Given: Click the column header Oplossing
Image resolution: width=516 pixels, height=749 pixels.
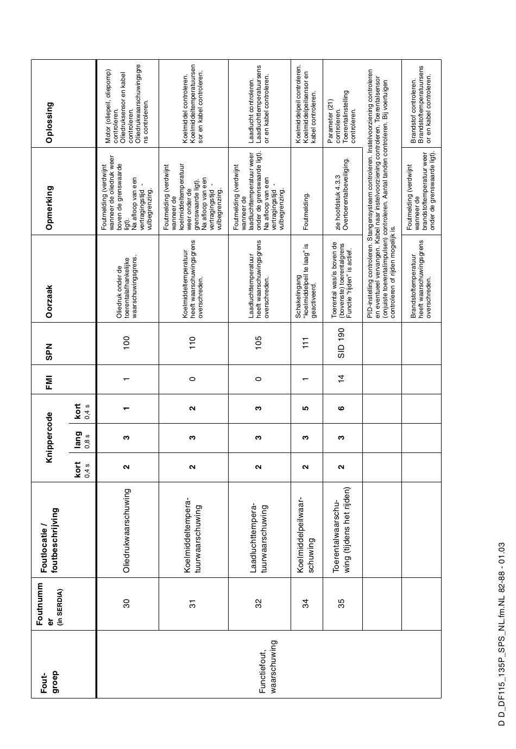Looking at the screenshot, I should point(49,122).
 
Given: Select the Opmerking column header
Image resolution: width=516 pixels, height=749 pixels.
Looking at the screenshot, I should point(49,200).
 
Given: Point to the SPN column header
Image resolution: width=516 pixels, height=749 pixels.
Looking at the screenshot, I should point(49,351).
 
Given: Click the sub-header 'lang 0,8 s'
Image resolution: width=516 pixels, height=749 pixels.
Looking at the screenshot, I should point(80,438).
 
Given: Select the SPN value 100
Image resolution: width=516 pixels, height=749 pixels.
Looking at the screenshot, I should point(127,342).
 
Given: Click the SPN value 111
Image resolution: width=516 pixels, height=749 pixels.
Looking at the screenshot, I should point(306,342).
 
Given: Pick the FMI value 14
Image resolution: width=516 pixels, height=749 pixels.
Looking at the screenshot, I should point(342,379).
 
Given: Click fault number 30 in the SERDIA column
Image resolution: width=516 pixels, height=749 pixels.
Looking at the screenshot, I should point(127,602).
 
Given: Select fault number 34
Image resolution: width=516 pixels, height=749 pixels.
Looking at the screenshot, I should point(306,602).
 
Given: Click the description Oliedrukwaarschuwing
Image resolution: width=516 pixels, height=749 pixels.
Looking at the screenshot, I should point(127,530).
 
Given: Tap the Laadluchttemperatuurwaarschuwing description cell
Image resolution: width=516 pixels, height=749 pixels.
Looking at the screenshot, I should point(259,531).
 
